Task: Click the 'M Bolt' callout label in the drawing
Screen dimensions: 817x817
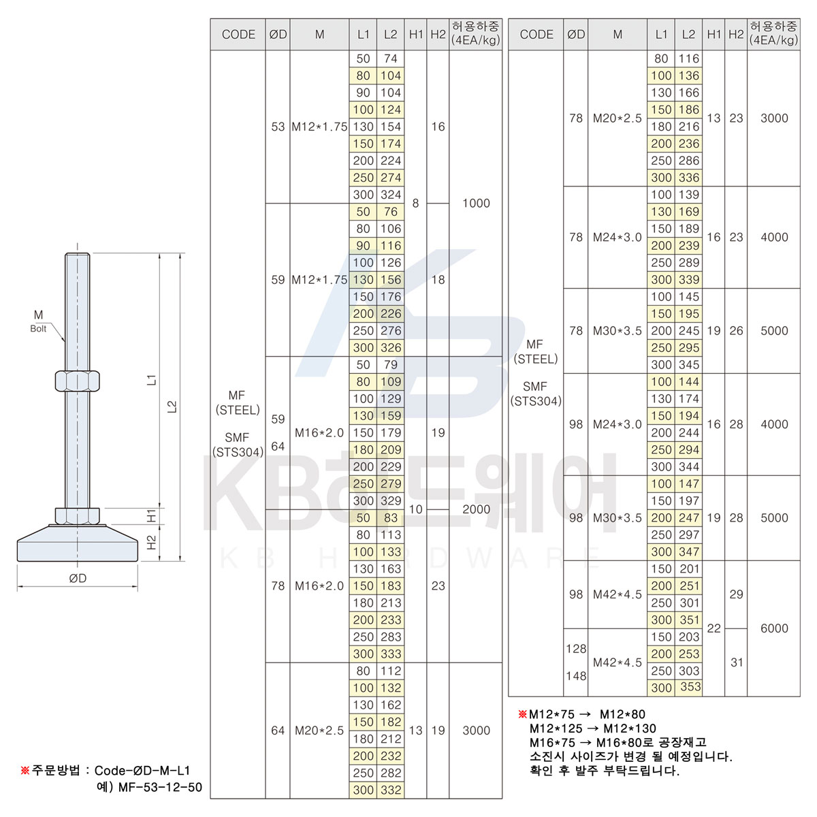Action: pyautogui.click(x=38, y=321)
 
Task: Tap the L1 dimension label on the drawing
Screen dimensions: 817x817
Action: pyautogui.click(x=152, y=379)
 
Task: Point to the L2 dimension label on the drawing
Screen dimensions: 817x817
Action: pyautogui.click(x=173, y=406)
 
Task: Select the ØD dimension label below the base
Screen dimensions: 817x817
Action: pyautogui.click(x=78, y=578)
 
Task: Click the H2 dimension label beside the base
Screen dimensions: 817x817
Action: pyautogui.click(x=152, y=542)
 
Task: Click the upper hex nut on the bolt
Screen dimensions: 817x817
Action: pyautogui.click(x=77, y=380)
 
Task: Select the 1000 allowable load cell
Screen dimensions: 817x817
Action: pyautogui.click(x=476, y=203)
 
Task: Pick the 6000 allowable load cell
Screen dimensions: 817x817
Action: pyautogui.click(x=774, y=628)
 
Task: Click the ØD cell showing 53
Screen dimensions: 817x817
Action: pyautogui.click(x=278, y=127)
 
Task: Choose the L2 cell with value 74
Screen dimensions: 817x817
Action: pyautogui.click(x=390, y=59)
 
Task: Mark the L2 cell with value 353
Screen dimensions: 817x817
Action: pyautogui.click(x=689, y=688)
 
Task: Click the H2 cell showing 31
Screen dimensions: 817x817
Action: pyautogui.click(x=737, y=662)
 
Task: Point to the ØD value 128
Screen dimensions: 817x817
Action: pyautogui.click(x=576, y=649)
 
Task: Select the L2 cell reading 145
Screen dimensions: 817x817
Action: pyautogui.click(x=689, y=297)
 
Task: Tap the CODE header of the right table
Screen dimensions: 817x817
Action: pyautogui.click(x=536, y=34)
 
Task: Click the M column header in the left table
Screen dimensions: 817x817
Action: pyautogui.click(x=319, y=34)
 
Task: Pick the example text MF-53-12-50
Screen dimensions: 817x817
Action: pyautogui.click(x=160, y=788)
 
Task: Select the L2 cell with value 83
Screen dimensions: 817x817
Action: pyautogui.click(x=390, y=518)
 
